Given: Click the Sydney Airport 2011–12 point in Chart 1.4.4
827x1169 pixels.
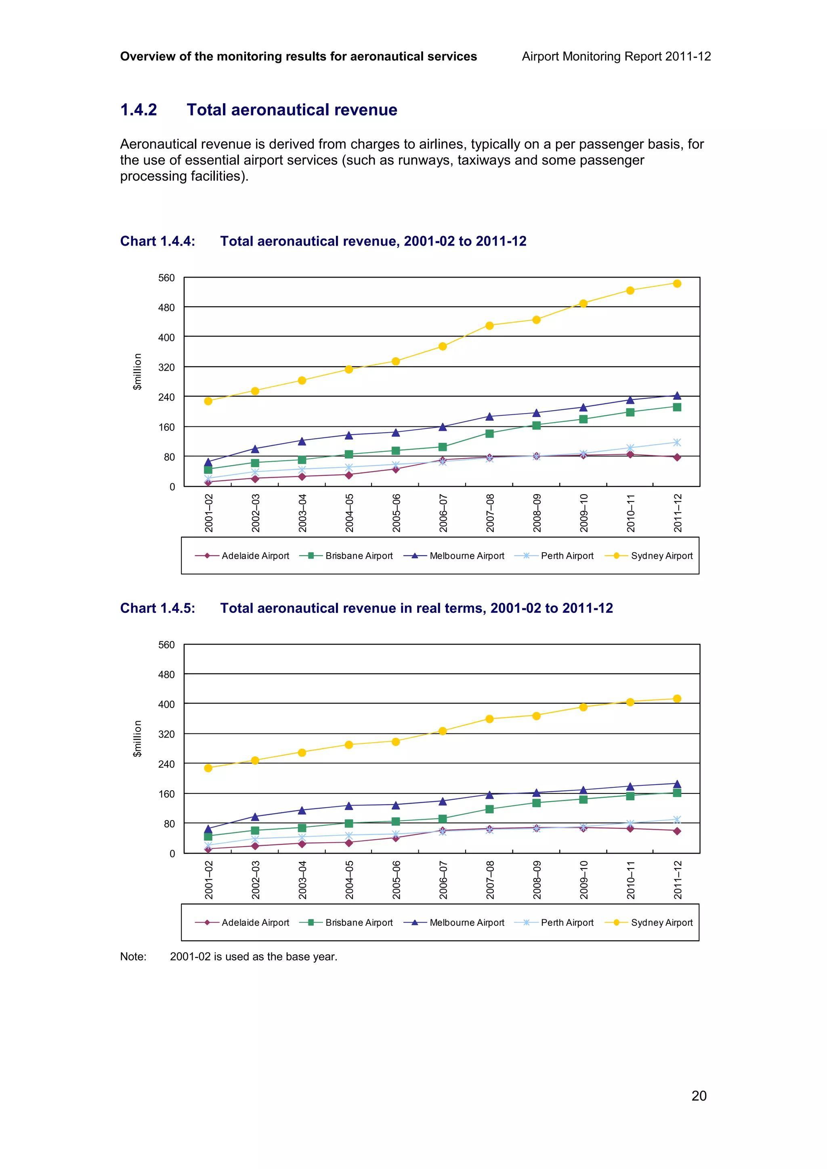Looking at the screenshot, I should (677, 284).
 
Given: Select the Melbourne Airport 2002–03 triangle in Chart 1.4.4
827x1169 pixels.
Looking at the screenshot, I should (255, 449).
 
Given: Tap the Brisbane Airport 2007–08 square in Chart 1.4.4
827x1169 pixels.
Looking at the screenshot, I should (489, 434).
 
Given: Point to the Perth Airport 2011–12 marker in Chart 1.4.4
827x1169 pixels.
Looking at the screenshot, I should (677, 443).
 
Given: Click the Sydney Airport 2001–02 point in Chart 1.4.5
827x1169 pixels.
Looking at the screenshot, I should (208, 768).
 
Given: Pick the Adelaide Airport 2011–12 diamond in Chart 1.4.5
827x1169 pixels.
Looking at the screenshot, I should (677, 831).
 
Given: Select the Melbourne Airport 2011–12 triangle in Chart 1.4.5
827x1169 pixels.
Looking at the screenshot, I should (677, 784).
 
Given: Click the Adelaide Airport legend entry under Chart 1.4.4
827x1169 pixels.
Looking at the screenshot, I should (243, 556).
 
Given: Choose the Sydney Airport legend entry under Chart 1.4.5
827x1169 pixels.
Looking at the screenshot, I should (649, 923).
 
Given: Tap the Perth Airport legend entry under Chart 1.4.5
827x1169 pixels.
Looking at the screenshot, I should (554, 923).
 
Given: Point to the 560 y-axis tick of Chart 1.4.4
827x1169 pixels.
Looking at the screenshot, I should (166, 278).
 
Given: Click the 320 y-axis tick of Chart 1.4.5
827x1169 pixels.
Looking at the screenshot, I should (166, 734).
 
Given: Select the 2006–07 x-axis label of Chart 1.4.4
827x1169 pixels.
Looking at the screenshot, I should (443, 513).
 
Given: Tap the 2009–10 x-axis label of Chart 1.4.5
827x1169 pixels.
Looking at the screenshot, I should (584, 880).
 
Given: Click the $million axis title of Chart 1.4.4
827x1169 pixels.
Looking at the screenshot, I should (137, 372).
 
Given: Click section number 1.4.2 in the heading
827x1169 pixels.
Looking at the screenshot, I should (139, 110).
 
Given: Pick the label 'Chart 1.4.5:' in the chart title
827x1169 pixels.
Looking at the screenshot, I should (157, 608).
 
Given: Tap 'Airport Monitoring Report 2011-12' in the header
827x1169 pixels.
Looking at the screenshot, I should (616, 56).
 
